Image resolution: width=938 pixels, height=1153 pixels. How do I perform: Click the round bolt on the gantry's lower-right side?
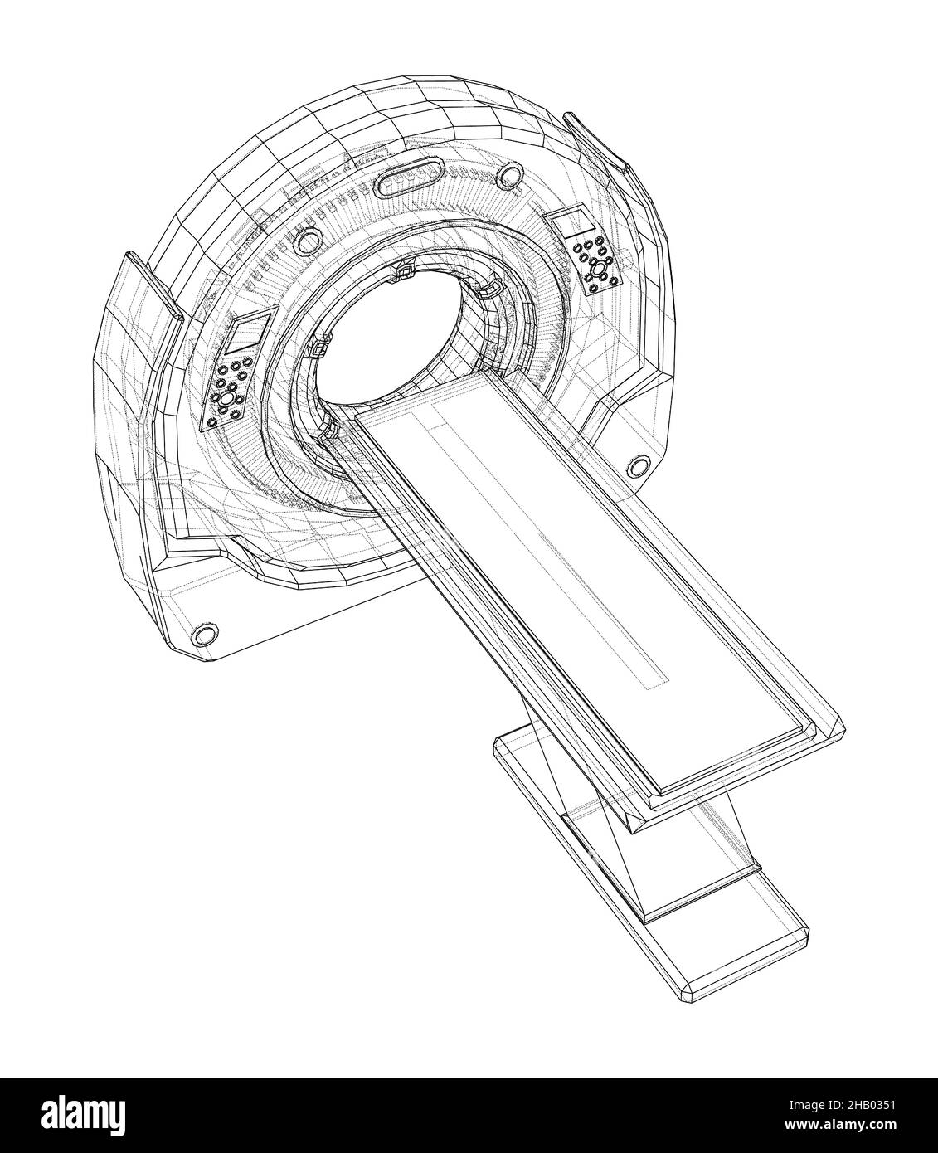pyautogui.click(x=637, y=465)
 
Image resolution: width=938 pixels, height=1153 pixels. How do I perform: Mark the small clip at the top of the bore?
pyautogui.click(x=405, y=269)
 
